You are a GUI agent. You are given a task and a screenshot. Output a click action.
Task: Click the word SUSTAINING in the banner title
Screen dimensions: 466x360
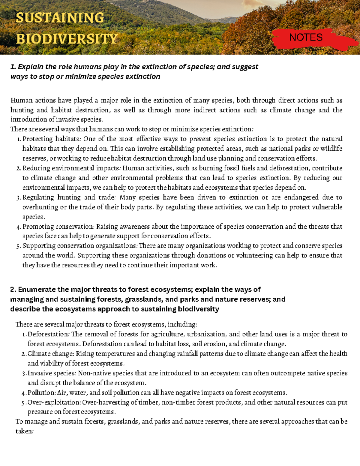tap(60, 18)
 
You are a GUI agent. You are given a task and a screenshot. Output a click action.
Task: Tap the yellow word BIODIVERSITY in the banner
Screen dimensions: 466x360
tap(67, 39)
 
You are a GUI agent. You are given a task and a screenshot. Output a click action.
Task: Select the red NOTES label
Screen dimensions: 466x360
tap(306, 38)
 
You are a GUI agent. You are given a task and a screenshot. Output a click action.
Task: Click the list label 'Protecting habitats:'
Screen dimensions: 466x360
tap(52, 139)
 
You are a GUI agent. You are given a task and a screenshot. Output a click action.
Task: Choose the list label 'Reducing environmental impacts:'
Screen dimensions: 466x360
tap(72, 168)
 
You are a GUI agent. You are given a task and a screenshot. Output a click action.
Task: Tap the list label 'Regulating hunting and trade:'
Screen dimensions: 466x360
tap(69, 197)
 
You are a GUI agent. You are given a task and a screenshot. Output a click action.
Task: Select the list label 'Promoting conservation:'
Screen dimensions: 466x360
tap(58, 227)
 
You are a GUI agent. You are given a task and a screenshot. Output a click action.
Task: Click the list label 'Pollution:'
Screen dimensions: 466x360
tap(42, 393)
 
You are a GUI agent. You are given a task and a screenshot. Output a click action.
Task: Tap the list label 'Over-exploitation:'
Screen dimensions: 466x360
tap(54, 402)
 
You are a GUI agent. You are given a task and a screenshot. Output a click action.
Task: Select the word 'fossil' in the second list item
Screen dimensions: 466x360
tap(229, 168)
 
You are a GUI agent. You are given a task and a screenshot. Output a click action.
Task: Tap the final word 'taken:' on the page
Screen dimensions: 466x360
tap(24, 431)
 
